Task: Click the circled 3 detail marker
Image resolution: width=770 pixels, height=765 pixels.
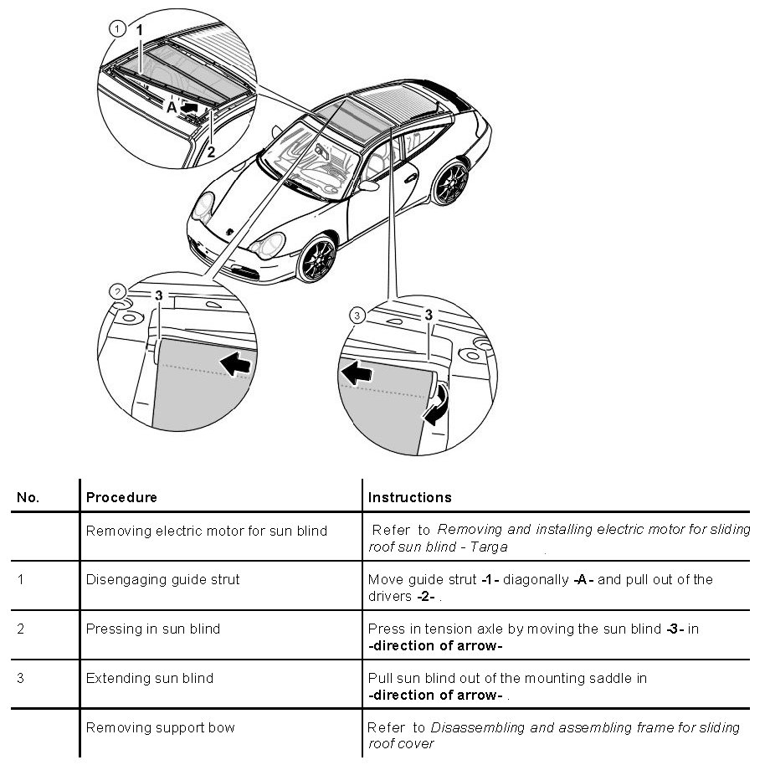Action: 357,316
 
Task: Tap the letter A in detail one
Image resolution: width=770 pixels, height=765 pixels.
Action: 171,108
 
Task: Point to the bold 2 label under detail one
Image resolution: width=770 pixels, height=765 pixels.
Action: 211,151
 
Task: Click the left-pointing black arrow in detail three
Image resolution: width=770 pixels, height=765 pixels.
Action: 356,373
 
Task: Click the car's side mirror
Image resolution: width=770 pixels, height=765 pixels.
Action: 367,184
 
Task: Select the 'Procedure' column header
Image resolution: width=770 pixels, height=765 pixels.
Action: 121,497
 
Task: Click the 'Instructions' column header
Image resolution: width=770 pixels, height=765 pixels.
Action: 409,497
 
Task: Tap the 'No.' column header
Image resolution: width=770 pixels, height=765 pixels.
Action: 28,497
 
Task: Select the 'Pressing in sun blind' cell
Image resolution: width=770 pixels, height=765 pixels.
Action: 153,629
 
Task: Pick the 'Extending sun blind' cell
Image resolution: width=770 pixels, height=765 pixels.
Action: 150,677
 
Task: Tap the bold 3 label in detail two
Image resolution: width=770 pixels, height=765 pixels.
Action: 158,295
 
